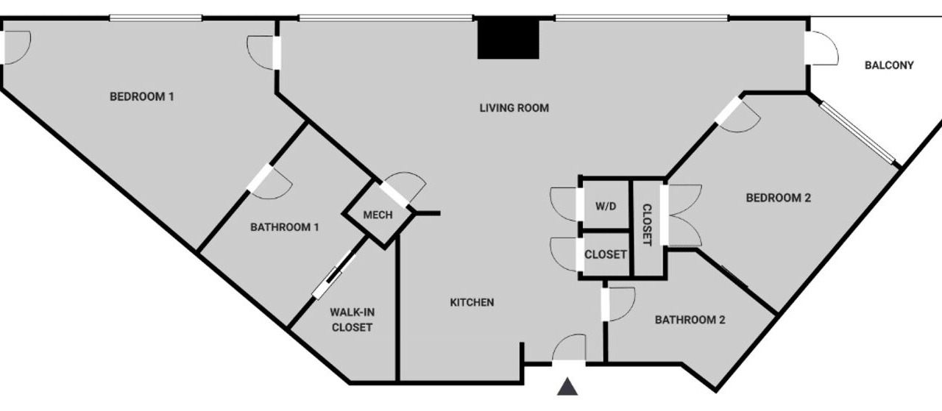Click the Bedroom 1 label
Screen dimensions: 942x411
tap(142, 96)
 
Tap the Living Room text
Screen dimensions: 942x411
tap(514, 108)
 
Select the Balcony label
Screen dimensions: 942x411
tap(889, 65)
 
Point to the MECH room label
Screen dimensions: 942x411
tap(378, 215)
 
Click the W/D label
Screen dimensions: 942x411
tap(606, 206)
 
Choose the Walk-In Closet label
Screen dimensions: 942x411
tap(352, 320)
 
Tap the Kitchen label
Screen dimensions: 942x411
tap(472, 302)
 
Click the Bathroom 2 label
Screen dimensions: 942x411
tap(690, 320)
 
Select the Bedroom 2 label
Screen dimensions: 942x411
tap(778, 198)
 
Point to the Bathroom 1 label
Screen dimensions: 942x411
tap(285, 227)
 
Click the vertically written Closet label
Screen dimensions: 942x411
tap(647, 225)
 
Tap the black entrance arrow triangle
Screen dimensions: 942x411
tap(567, 387)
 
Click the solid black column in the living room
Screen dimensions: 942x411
tap(508, 39)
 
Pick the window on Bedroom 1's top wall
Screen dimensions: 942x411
tap(156, 18)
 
